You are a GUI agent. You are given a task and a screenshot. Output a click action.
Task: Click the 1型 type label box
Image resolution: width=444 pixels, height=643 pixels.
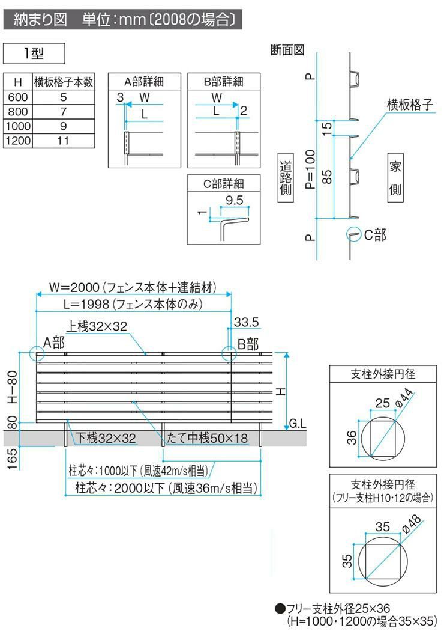34,53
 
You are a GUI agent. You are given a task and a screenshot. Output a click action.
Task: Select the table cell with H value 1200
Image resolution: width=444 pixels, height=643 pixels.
18,141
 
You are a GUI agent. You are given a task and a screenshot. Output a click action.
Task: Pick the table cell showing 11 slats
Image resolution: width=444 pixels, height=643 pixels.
63,141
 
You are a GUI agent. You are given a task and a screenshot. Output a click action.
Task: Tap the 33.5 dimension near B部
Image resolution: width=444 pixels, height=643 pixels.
246,323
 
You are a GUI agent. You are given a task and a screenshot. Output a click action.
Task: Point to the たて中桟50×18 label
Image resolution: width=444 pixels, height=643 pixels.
208,439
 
